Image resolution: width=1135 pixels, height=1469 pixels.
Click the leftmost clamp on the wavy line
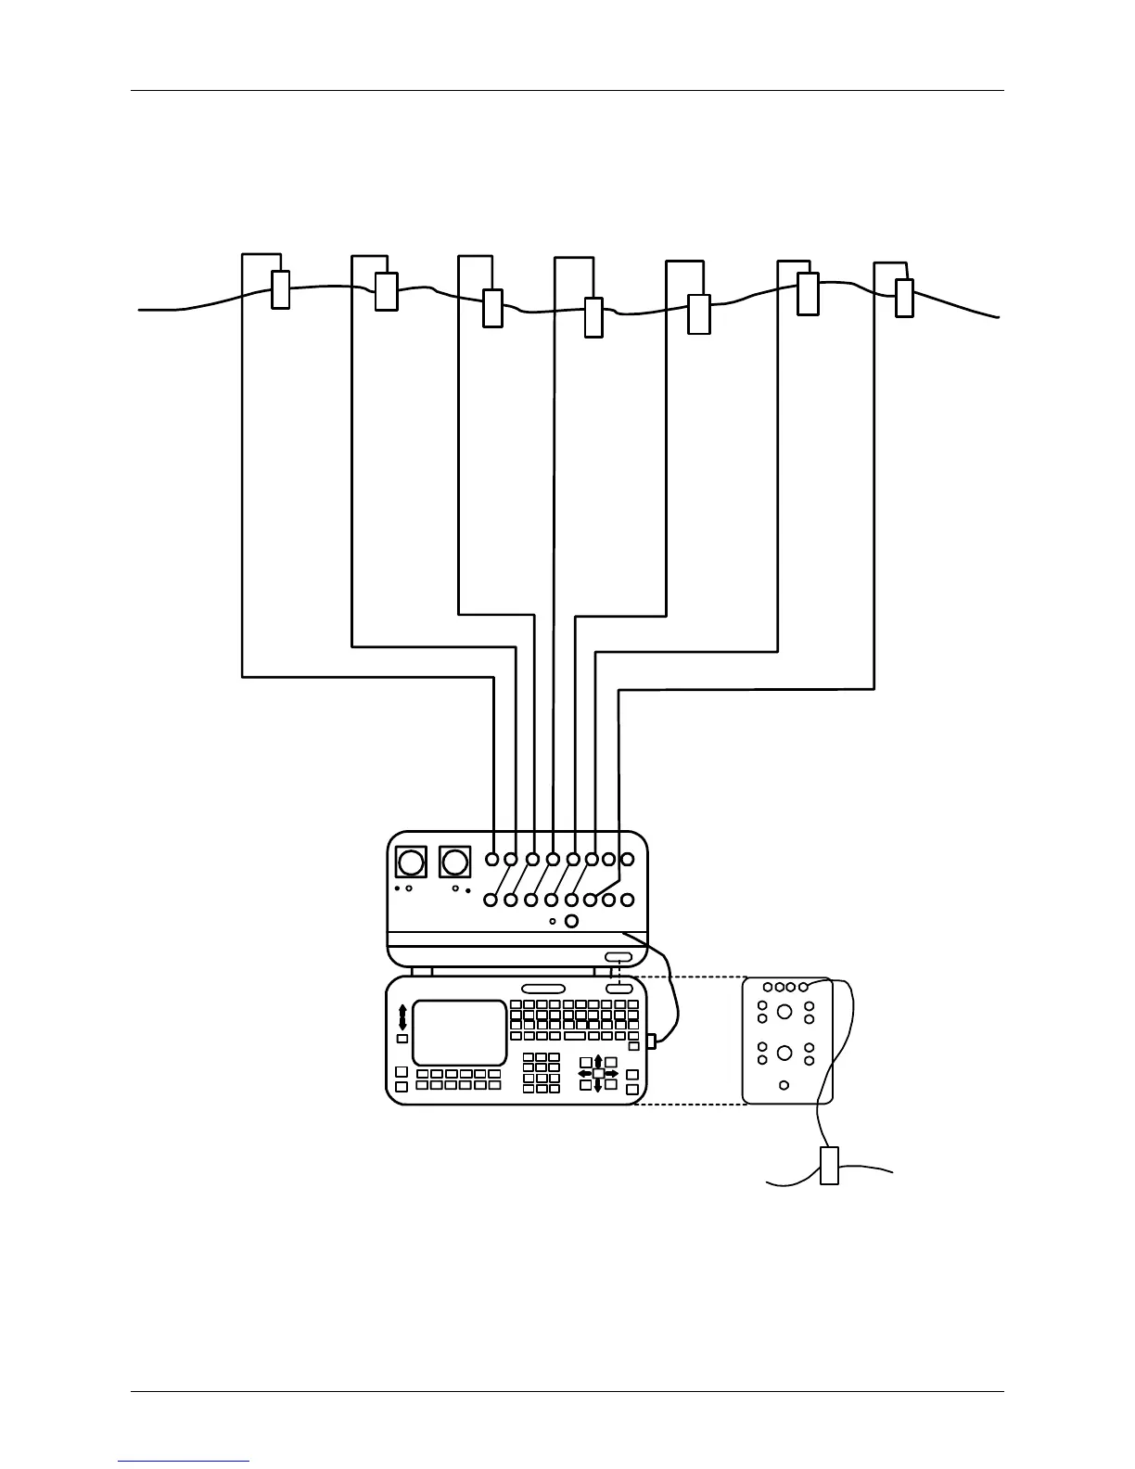coord(279,289)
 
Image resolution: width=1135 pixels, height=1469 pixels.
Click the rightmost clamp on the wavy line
coord(904,298)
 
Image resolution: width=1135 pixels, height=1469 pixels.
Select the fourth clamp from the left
coord(593,317)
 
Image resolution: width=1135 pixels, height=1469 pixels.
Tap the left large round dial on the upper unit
coord(409,862)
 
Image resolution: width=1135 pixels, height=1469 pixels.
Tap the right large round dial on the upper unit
coord(454,862)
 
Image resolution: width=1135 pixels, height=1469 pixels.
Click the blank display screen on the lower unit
coord(460,1032)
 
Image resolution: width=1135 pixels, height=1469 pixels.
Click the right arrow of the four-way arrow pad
coord(611,1073)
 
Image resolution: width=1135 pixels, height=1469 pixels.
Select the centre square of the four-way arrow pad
coord(598,1073)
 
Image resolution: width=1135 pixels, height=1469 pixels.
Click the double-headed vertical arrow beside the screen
coord(402,1016)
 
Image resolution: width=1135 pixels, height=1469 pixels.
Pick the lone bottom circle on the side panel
coord(784,1085)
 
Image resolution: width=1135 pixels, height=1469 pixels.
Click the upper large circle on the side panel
coord(784,1011)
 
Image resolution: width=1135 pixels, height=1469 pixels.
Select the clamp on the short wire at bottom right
coord(829,1165)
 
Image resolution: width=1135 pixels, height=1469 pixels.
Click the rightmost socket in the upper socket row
coord(628,859)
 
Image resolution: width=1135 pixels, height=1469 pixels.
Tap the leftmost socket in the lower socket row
coord(491,899)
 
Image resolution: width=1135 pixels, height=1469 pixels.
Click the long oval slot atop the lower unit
coord(542,989)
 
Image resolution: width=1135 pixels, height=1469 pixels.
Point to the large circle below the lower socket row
coord(571,921)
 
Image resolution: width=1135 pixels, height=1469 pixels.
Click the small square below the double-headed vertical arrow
coord(402,1040)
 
